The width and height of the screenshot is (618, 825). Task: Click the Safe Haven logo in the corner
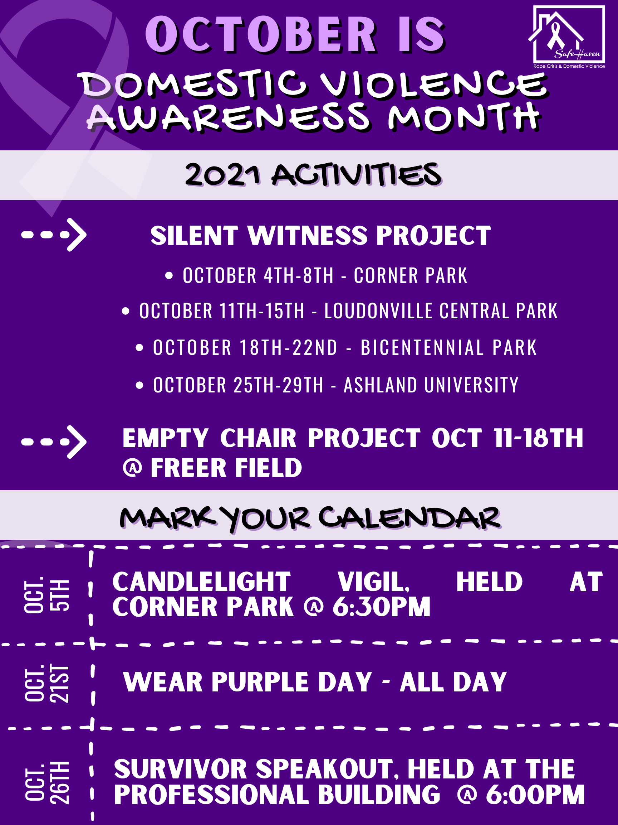566,37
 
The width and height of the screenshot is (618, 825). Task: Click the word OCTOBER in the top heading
261,34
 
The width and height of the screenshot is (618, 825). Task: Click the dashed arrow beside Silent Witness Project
54,235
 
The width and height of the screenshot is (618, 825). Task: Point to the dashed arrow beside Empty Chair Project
54,442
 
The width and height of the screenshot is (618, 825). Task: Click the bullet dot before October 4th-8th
169,276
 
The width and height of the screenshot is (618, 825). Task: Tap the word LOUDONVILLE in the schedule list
378,311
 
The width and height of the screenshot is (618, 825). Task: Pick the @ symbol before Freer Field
133,468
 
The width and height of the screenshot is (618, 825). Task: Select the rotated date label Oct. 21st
46,684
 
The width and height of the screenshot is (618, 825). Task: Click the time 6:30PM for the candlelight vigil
382,607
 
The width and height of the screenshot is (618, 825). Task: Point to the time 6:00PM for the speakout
535,795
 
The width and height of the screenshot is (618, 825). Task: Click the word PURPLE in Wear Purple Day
261,682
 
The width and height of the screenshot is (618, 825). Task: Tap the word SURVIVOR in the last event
181,769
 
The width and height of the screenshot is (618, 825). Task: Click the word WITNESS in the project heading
308,236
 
